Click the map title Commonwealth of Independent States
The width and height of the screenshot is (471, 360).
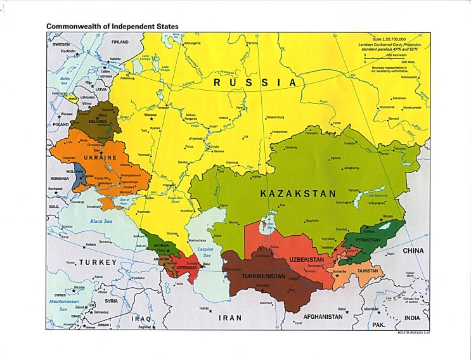[x=112, y=27]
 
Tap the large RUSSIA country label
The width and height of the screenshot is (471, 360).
[x=255, y=82]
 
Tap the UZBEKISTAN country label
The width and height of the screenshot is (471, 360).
[x=307, y=260]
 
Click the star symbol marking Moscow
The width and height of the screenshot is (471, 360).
[x=152, y=119]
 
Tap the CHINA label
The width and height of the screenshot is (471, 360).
[x=413, y=251]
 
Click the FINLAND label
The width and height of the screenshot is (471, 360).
[x=120, y=42]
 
